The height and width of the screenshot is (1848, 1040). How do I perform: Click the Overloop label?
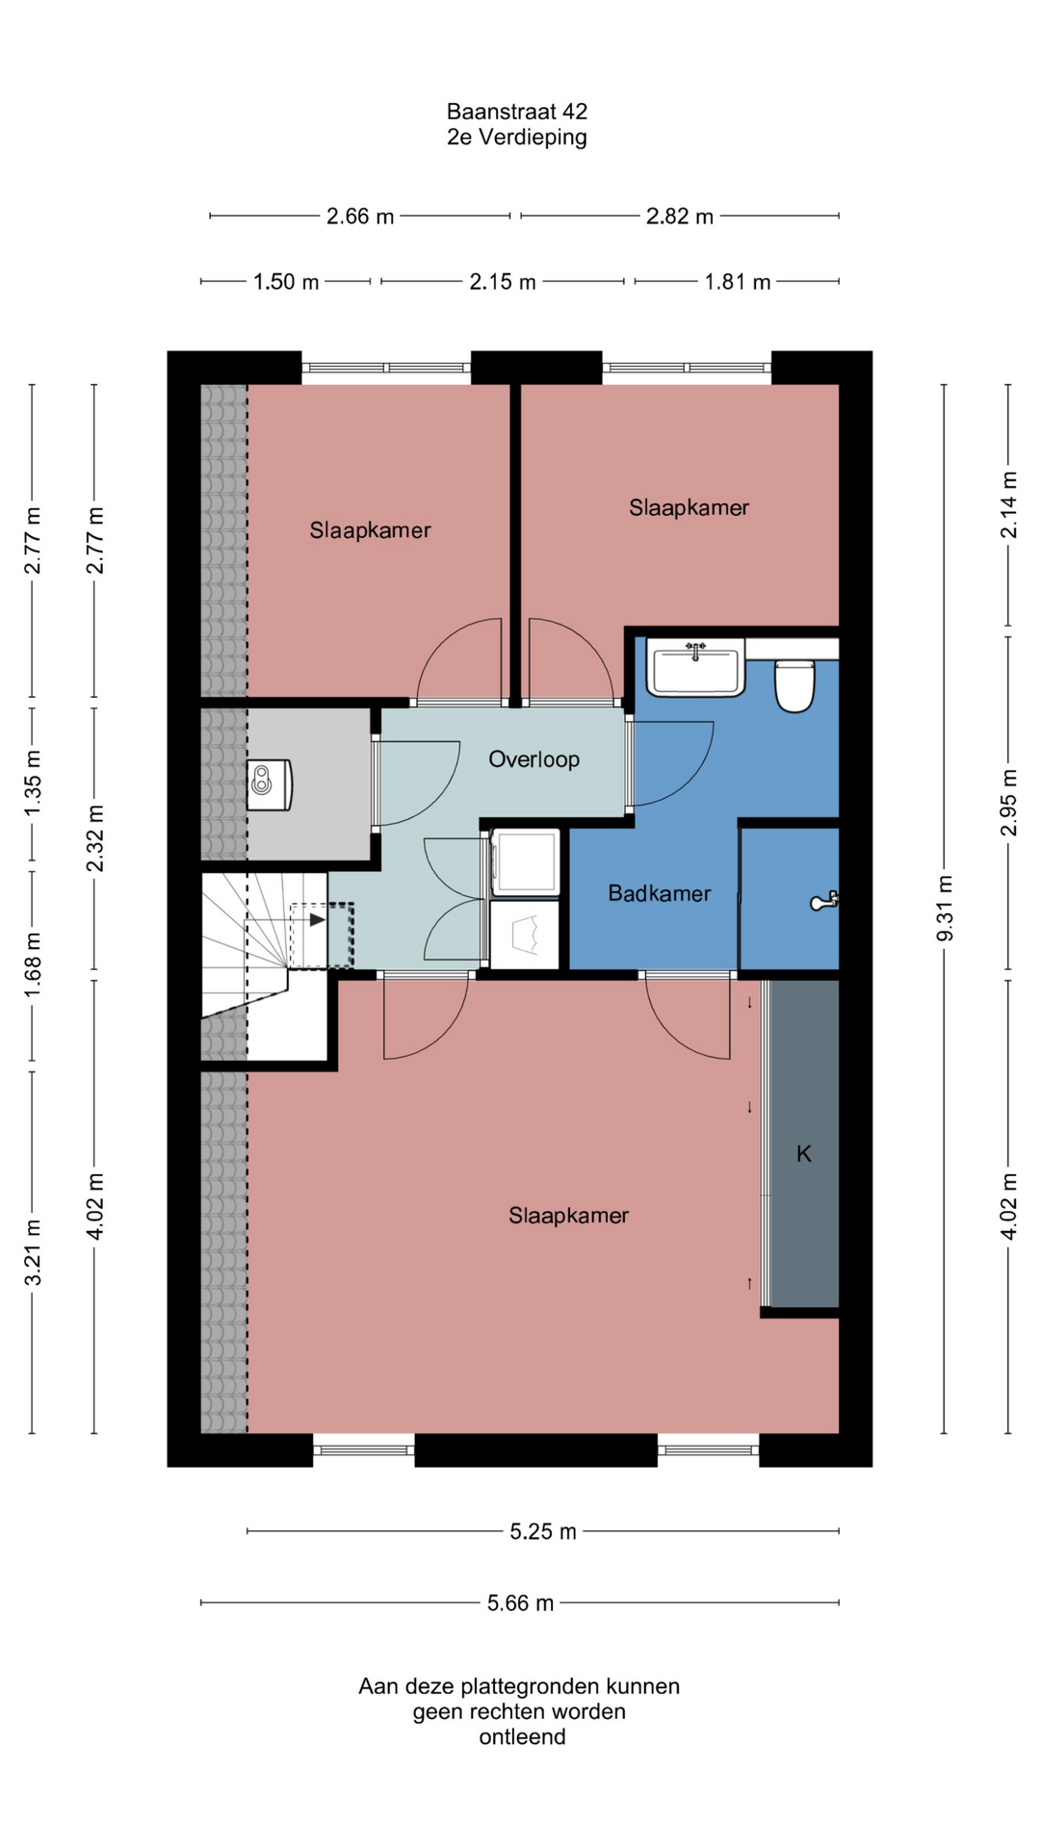click(x=534, y=759)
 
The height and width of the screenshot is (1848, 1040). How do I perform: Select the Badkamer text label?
click(x=660, y=893)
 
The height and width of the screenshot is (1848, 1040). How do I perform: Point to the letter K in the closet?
click(x=804, y=1153)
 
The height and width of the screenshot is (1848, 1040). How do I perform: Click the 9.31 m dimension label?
click(x=945, y=909)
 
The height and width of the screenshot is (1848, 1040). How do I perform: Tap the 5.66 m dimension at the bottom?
click(x=520, y=1603)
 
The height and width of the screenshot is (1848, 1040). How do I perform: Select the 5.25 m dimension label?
click(x=543, y=1531)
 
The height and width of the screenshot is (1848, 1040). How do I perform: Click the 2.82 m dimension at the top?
click(x=680, y=217)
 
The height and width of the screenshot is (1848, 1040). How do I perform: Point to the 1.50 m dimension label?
click(x=286, y=282)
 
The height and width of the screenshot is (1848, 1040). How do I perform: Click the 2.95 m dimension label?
click(x=1008, y=803)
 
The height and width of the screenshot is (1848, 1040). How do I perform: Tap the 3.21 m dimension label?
click(x=33, y=1252)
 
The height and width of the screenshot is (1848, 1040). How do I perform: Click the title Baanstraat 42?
click(x=517, y=112)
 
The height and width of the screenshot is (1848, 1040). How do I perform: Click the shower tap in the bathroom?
click(x=824, y=901)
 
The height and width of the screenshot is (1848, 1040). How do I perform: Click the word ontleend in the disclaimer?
click(x=522, y=1737)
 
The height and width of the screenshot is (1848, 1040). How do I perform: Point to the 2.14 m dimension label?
click(x=1008, y=504)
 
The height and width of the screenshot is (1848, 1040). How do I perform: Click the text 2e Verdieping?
click(x=517, y=137)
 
